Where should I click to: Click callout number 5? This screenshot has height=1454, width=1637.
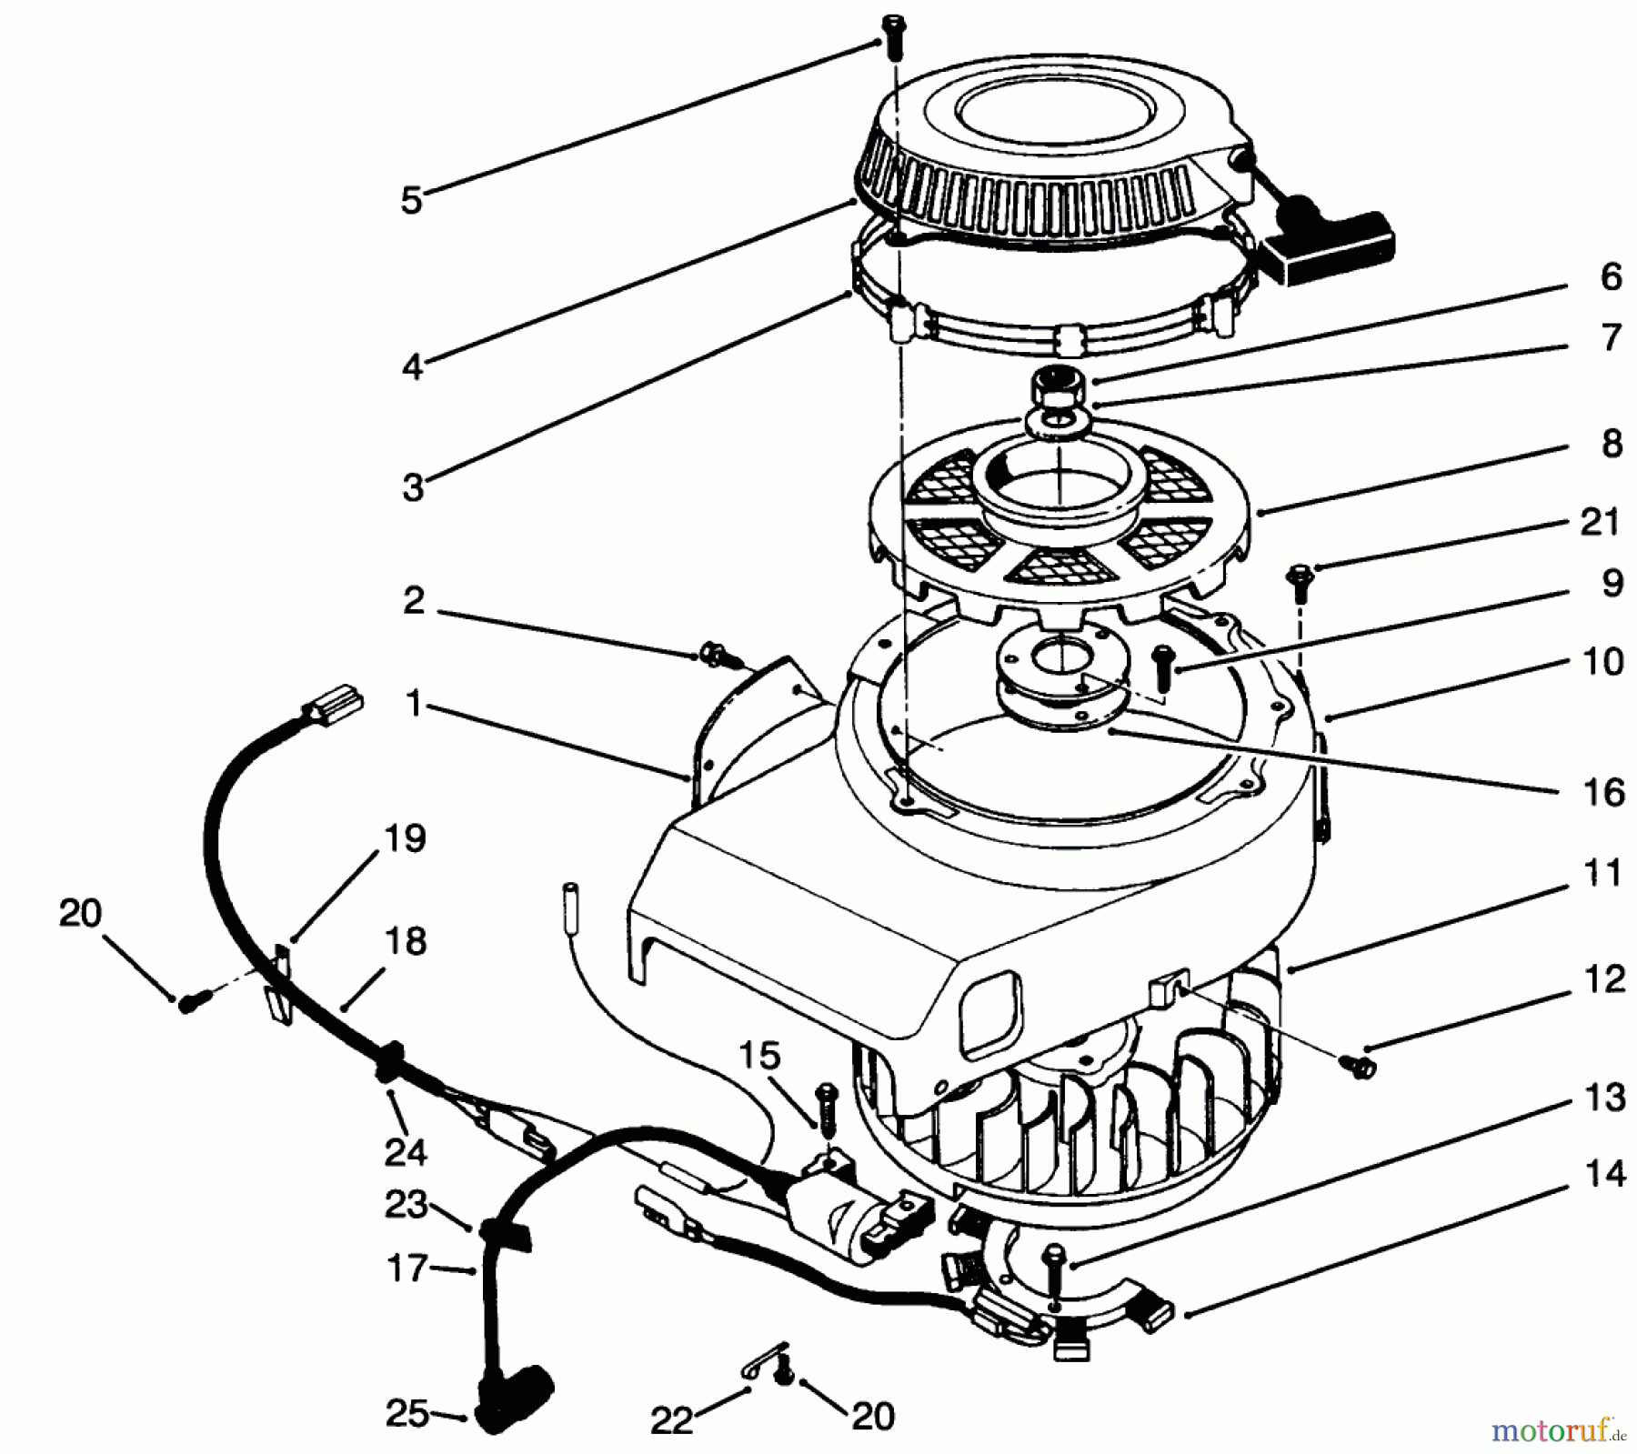coord(412,200)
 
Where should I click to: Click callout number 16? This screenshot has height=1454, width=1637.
coord(1602,792)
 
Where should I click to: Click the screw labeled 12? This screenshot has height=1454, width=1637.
coord(1359,1066)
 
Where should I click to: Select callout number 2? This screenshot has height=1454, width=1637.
coord(414,600)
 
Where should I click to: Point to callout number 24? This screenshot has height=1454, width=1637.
coord(405,1152)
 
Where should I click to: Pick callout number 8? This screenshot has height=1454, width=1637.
coord(1611,444)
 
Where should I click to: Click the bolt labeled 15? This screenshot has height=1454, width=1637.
coord(826,1107)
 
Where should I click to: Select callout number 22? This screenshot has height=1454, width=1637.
coord(671,1419)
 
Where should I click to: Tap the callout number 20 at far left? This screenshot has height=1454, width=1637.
coord(80,913)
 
